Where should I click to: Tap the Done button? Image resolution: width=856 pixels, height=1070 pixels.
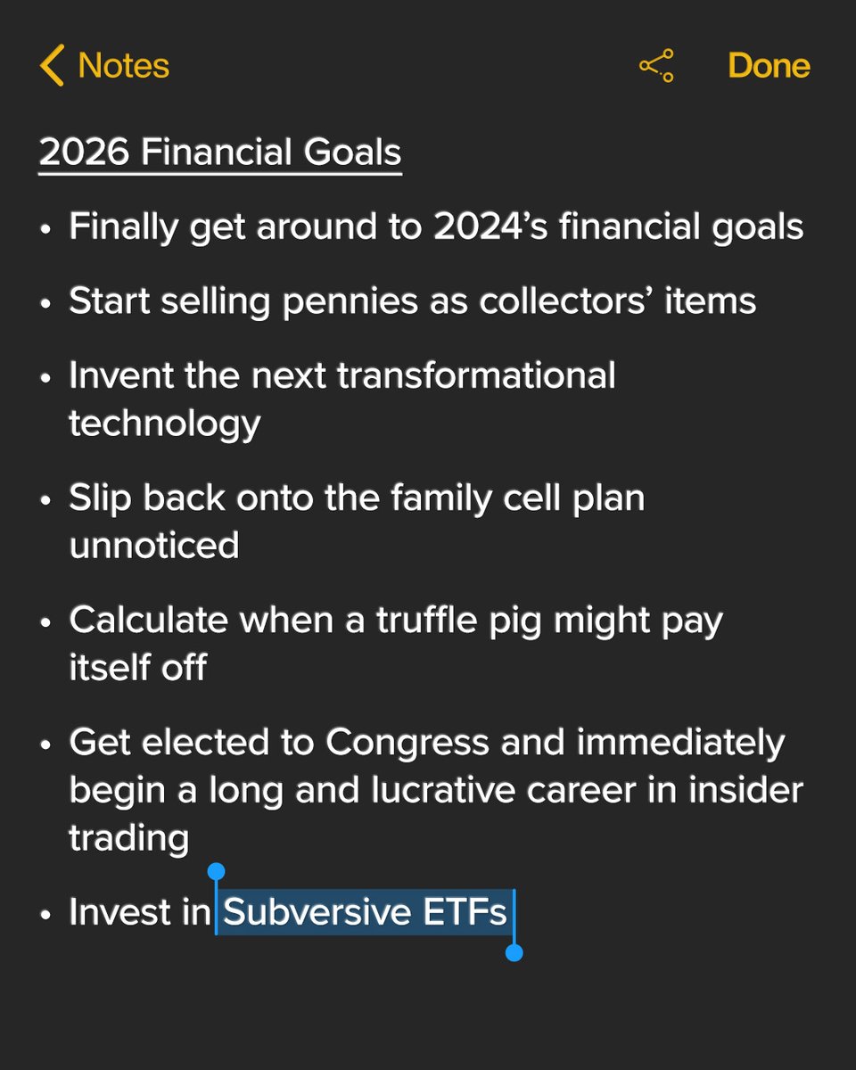(769, 66)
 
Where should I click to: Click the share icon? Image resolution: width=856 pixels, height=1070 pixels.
(656, 66)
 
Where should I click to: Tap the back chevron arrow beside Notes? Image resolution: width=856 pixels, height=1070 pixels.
(52, 66)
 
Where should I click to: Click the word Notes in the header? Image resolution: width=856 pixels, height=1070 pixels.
(124, 66)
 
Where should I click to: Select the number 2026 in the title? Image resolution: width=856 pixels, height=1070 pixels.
(86, 152)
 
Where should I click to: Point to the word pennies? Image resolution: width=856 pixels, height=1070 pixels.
(343, 301)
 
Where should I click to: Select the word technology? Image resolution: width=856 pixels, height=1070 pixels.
(165, 423)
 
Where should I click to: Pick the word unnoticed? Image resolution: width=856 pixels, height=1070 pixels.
(154, 544)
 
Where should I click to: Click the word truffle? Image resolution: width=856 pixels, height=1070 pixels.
(432, 619)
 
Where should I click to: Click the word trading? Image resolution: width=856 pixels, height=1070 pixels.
(128, 837)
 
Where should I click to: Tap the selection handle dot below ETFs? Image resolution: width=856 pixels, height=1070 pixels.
(514, 953)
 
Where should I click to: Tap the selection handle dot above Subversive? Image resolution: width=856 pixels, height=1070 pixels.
(216, 871)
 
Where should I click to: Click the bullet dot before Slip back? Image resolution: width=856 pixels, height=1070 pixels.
(46, 500)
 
